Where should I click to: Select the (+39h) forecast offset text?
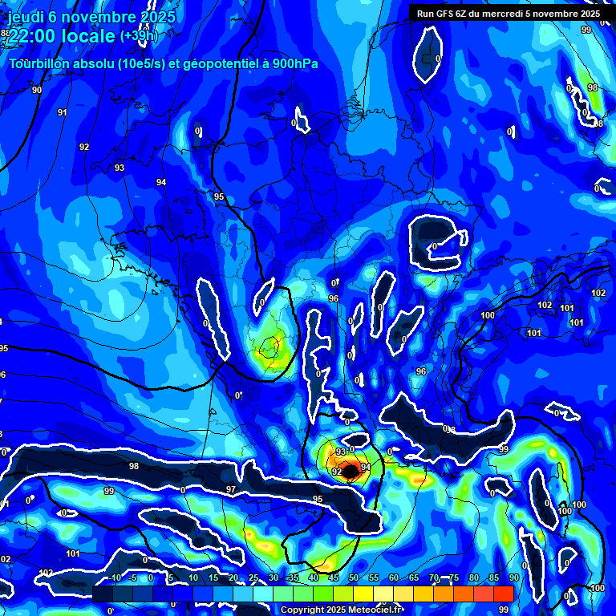click(138, 36)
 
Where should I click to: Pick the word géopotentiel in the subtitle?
click(218, 64)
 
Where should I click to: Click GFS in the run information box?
click(445, 14)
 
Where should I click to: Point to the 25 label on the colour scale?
click(253, 578)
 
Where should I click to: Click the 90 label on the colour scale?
click(513, 578)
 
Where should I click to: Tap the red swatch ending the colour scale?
click(503, 594)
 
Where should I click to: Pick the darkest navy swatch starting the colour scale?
click(103, 594)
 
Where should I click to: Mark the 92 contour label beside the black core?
click(336, 472)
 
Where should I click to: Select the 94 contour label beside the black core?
click(366, 467)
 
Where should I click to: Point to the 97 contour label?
click(231, 489)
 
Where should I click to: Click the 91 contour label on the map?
click(63, 113)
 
